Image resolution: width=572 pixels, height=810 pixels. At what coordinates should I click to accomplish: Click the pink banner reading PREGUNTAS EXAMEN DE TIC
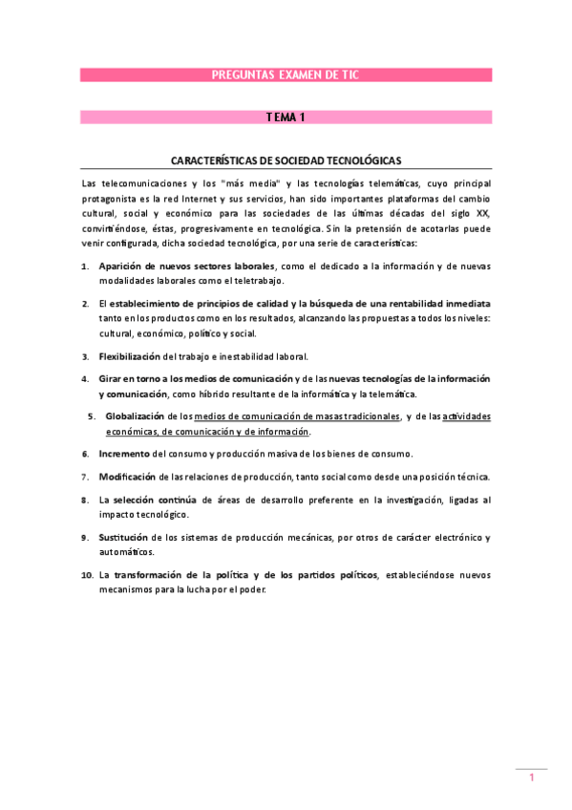coord(286,75)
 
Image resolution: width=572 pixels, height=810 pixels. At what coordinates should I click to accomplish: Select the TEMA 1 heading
coord(286,117)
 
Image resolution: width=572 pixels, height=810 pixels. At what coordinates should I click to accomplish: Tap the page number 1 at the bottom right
coord(532,778)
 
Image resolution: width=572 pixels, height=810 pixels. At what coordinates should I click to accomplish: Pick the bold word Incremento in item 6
coord(124,454)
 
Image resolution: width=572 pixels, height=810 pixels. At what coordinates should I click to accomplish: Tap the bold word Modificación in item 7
coord(128,477)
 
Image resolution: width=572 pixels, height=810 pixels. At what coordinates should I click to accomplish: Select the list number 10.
coord(86,575)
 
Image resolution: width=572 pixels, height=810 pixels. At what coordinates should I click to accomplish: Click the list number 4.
coord(85,379)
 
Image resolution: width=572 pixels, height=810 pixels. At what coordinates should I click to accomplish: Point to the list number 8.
coord(85,500)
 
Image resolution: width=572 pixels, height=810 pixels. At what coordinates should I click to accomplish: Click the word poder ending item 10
coord(253,589)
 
